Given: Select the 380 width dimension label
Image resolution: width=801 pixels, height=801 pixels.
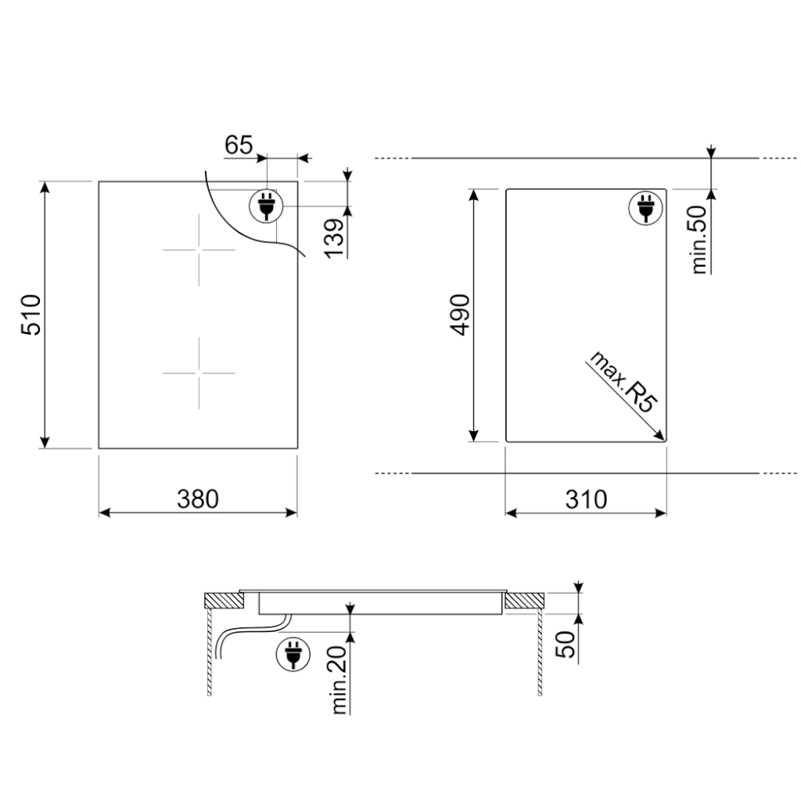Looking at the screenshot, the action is click(x=198, y=499).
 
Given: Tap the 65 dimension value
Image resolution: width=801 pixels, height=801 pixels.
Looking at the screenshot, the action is click(x=239, y=145).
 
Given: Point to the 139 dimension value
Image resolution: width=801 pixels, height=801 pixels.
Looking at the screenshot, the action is click(x=335, y=239).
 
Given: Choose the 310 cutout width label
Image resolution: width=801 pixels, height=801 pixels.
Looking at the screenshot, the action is click(x=586, y=499).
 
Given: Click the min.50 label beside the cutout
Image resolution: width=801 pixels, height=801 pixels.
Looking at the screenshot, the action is click(x=699, y=239).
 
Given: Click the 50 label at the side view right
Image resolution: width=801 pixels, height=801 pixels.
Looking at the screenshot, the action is click(x=566, y=645).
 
